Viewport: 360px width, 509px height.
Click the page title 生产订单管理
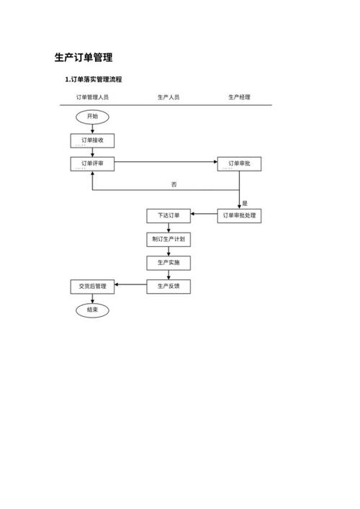84,58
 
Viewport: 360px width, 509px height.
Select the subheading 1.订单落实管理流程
94,79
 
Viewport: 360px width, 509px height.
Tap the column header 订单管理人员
92,97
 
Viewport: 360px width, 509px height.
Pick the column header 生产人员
168,97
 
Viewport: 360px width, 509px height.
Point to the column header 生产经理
239,97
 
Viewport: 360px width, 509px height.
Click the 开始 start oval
92,117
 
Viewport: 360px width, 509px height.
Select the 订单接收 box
92,140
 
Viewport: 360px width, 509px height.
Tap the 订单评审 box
92,164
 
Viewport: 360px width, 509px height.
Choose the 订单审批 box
239,164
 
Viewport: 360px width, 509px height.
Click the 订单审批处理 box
239,216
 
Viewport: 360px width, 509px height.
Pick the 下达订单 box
168,216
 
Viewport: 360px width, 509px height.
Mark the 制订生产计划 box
168,240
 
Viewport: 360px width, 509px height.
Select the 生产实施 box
168,263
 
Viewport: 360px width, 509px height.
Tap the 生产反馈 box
168,287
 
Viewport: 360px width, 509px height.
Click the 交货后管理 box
92,287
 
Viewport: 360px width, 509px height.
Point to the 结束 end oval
92,310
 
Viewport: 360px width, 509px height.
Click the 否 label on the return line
174,184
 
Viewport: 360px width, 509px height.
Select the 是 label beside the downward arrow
245,203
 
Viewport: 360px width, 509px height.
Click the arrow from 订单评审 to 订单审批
166,162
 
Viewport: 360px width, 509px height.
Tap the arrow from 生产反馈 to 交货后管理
130,284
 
